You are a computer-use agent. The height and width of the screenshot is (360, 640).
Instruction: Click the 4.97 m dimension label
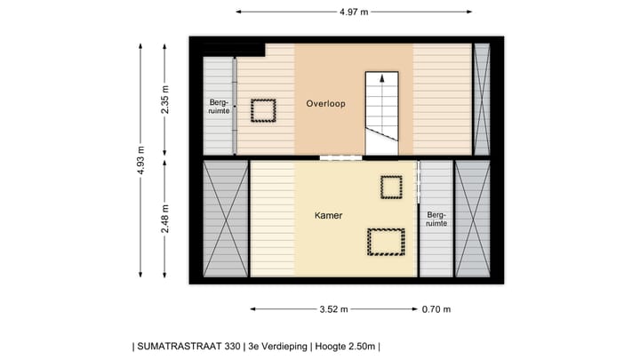[354, 12]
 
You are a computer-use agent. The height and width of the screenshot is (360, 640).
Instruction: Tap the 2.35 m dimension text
[165, 97]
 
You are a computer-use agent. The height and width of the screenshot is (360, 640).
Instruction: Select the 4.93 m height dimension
[141, 160]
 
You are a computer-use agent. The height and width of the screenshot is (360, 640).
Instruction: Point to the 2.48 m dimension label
[165, 218]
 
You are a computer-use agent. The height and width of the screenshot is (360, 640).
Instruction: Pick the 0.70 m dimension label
[436, 309]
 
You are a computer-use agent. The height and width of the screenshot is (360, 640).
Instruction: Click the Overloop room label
[325, 104]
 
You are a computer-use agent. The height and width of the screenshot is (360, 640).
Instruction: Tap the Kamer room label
[328, 216]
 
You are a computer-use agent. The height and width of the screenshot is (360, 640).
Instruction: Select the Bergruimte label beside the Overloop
[219, 108]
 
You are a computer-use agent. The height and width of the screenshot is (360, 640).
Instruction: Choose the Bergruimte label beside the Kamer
[436, 219]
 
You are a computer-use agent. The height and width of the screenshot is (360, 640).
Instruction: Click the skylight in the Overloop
[263, 110]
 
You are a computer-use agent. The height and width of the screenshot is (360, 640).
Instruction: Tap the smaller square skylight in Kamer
[391, 187]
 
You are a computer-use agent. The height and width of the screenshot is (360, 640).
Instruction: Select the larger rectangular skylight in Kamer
[386, 242]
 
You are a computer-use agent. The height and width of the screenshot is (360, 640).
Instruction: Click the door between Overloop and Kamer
[341, 158]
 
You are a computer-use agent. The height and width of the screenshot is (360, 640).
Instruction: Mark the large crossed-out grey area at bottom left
[226, 219]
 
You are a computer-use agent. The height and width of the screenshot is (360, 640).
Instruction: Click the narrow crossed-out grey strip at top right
[482, 99]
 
